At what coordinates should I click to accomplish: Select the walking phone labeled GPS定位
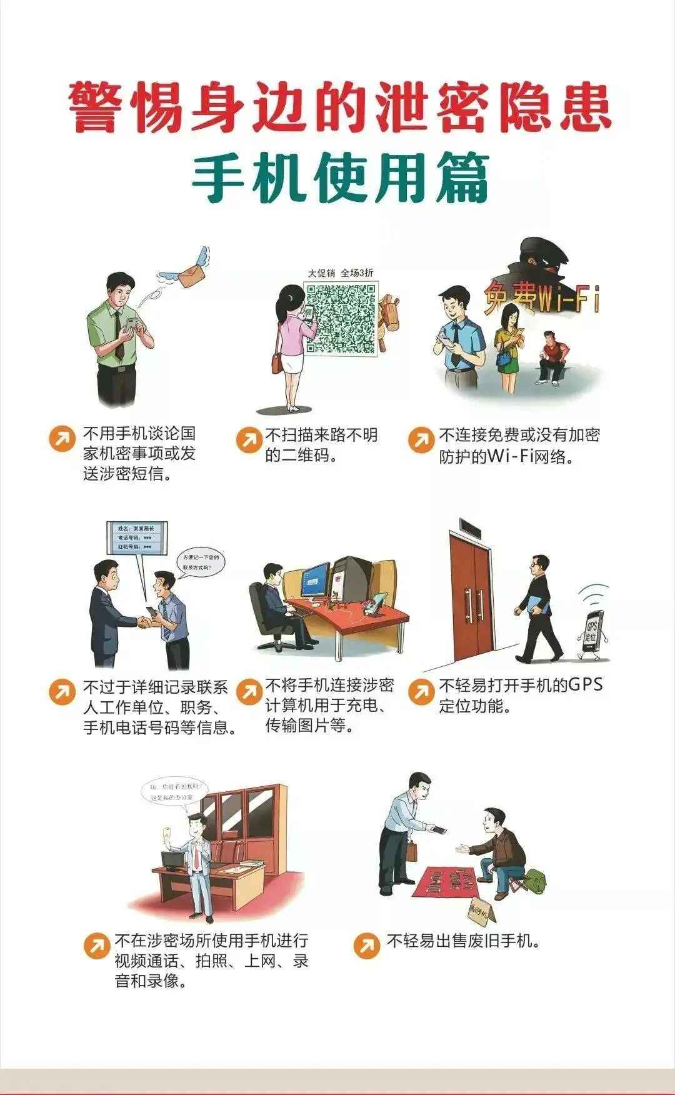click(591, 633)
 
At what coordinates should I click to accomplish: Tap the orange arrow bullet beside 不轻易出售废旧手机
click(367, 945)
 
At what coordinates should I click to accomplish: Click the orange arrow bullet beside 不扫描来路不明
click(249, 440)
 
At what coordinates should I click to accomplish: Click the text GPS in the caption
click(585, 684)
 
